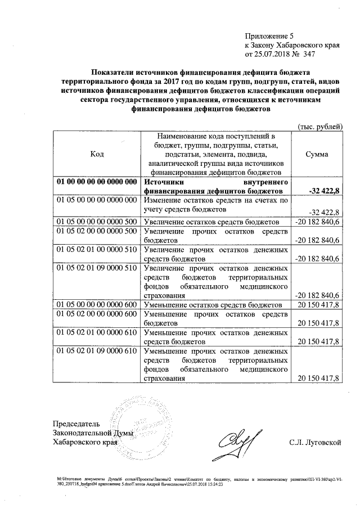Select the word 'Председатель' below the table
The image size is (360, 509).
pyautogui.click(x=76, y=423)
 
